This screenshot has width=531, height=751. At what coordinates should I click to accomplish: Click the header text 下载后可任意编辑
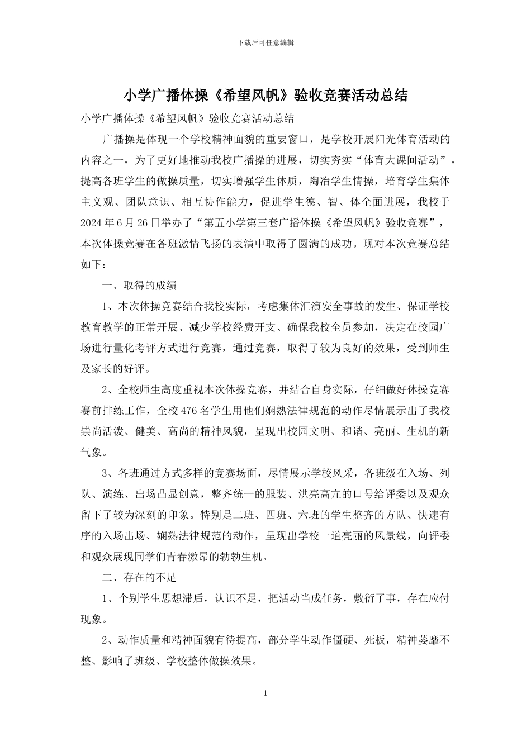[265, 42]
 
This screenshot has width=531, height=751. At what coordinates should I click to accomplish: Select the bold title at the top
[265, 96]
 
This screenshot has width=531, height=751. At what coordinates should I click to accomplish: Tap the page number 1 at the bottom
[265, 693]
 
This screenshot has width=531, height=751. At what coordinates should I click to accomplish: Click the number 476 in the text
[191, 411]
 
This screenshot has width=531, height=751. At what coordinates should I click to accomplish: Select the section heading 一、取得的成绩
[139, 285]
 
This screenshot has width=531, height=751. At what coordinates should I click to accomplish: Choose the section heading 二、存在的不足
[139, 577]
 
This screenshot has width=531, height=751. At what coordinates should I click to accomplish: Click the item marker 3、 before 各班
[108, 473]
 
